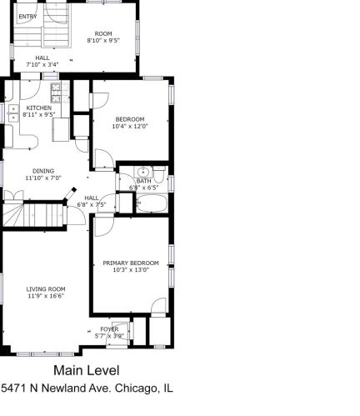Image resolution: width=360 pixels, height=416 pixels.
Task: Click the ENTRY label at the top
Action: pos(27,17)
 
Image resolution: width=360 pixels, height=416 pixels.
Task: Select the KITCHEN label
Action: pos(38,108)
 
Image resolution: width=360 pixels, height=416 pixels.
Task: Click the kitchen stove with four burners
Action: pos(57,88)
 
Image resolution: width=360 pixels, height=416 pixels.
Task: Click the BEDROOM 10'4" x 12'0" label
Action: pos(130,119)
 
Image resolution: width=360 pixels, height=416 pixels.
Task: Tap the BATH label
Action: pos(143,181)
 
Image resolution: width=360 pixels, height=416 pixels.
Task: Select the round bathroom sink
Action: pos(142,173)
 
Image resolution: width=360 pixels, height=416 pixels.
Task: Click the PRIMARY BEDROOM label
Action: pos(130,263)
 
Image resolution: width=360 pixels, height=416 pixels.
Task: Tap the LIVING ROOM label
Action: pos(45,288)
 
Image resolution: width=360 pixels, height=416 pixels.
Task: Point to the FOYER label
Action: pos(109,329)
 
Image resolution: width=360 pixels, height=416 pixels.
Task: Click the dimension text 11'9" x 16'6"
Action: pos(45,296)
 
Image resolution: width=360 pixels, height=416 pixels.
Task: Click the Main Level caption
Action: pos(87,370)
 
